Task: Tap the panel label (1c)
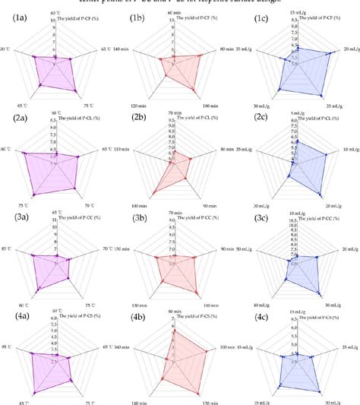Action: tap(261, 14)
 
